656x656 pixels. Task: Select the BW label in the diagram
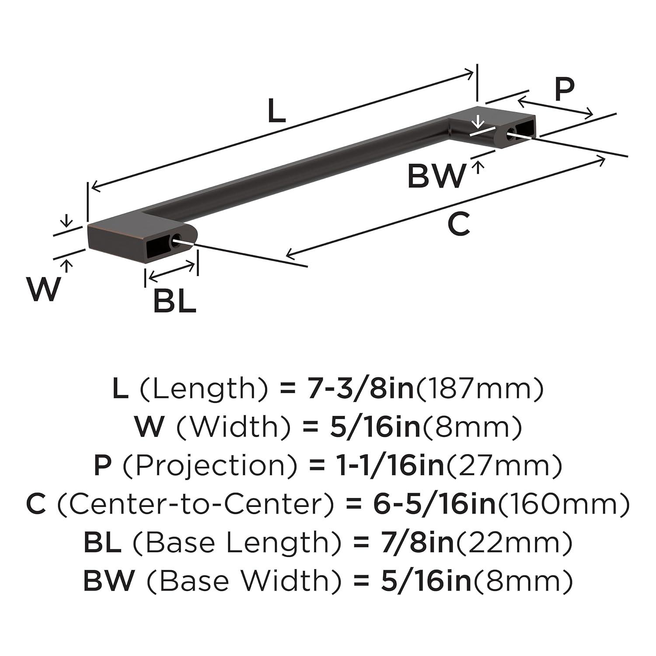436,176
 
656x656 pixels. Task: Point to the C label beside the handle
459,224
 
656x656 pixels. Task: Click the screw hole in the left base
178,240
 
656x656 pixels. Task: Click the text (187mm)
480,388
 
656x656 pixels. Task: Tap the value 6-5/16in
435,504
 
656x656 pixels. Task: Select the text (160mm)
564,504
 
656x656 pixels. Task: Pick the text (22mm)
515,542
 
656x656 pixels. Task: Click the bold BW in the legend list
108,581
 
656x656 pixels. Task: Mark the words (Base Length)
237,542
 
